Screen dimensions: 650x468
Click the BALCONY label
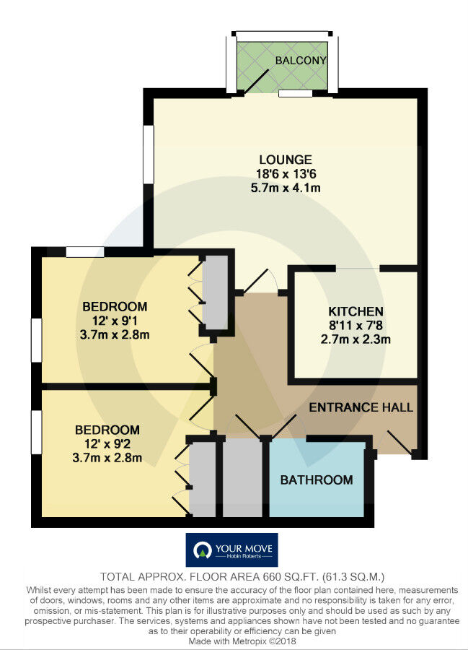click(x=301, y=61)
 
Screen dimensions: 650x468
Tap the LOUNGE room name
click(x=285, y=160)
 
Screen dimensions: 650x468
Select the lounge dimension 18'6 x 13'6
click(x=285, y=174)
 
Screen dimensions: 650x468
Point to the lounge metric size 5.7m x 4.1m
click(x=285, y=188)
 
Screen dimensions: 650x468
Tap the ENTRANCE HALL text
click(x=361, y=407)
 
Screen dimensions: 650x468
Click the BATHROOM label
click(x=317, y=480)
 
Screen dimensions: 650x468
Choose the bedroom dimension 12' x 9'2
click(x=108, y=443)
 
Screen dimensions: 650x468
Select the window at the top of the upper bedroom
click(x=85, y=252)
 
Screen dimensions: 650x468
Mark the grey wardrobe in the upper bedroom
click(x=214, y=292)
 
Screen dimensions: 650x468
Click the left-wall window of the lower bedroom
click(x=35, y=432)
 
